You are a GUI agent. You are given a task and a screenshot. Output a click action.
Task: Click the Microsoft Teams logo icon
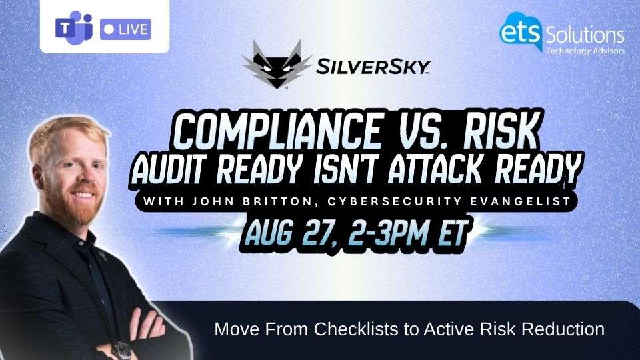(x=74, y=28)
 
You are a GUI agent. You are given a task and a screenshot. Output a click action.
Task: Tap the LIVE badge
(x=125, y=29)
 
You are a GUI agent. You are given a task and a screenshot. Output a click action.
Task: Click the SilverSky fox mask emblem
(x=277, y=64)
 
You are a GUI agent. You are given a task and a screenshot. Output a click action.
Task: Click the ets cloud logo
(x=521, y=31)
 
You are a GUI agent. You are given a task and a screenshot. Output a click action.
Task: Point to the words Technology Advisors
(x=585, y=51)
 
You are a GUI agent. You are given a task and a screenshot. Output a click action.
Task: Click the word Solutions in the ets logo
(x=585, y=35)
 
